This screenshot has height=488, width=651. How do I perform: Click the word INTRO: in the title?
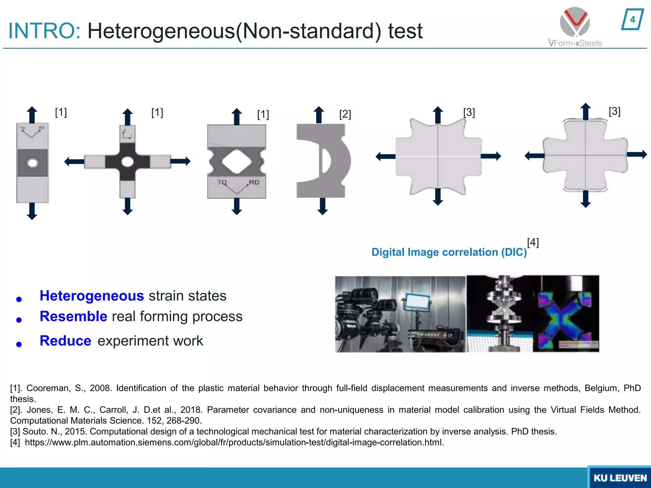click(x=45, y=31)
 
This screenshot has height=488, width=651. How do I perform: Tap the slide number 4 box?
click(x=632, y=20)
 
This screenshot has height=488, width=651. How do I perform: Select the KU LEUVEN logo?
click(x=620, y=478)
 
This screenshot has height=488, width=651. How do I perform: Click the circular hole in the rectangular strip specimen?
click(x=32, y=163)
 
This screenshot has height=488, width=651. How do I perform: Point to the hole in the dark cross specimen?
click(x=127, y=162)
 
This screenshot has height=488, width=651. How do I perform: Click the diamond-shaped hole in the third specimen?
click(x=236, y=162)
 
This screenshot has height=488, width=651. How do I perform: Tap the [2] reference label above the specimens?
click(x=345, y=114)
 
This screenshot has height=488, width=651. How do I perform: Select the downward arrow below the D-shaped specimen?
click(x=323, y=206)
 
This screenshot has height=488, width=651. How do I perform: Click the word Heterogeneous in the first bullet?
click(x=92, y=296)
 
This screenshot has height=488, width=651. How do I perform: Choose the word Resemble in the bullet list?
click(x=73, y=316)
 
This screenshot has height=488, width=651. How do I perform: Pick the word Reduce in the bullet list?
click(x=65, y=341)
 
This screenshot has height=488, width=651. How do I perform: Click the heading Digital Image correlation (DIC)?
click(x=449, y=252)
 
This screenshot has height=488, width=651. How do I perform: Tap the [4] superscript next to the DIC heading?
click(x=533, y=242)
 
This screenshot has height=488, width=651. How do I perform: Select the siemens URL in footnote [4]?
click(x=234, y=442)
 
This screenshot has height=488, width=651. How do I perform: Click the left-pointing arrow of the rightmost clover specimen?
click(x=534, y=156)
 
